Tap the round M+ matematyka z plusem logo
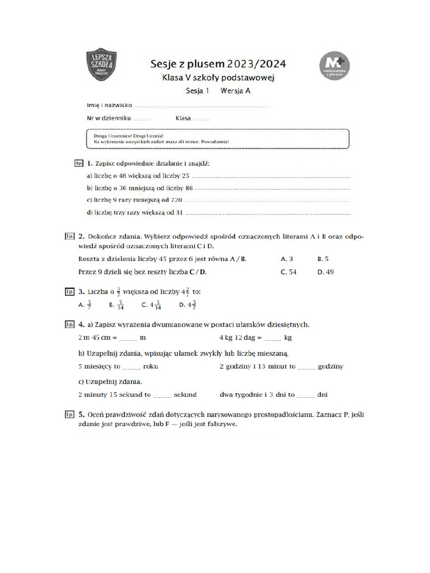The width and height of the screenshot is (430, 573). [334, 68]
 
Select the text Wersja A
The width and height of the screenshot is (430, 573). [235, 91]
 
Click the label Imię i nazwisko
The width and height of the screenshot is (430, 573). [109, 105]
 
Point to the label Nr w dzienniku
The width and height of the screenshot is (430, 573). [109, 118]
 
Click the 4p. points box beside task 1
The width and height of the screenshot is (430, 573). [78, 163]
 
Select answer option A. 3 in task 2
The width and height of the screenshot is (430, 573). [287, 259]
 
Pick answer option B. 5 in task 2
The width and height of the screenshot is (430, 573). [322, 259]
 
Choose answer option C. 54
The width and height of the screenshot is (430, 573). [288, 272]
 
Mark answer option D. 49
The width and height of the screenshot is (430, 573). [325, 272]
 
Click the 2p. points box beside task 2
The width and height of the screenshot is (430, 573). [70, 237]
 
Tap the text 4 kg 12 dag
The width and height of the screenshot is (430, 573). [240, 338]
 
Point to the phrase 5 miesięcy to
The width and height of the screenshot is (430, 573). [100, 367]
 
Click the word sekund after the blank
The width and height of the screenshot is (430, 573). [185, 394]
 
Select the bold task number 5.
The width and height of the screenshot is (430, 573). [82, 415]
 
